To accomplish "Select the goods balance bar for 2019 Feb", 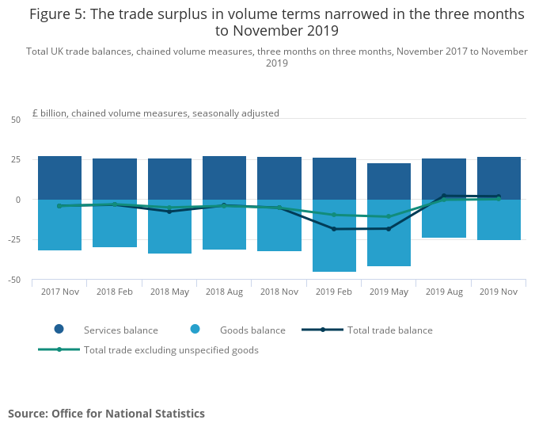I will [334, 235].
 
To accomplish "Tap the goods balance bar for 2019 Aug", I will [444, 218].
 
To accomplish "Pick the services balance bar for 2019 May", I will [389, 181].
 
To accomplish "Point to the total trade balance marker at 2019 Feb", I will [334, 229].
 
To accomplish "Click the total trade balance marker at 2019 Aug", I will [444, 196].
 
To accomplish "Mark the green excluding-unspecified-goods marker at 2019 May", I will [389, 216].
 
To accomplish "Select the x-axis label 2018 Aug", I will [224, 292].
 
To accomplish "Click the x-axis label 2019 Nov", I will [499, 292].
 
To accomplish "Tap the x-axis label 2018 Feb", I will [114, 292].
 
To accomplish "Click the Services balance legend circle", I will [59, 330].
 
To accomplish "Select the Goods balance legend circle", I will [195, 330].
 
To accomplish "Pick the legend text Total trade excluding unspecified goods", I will [171, 350].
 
